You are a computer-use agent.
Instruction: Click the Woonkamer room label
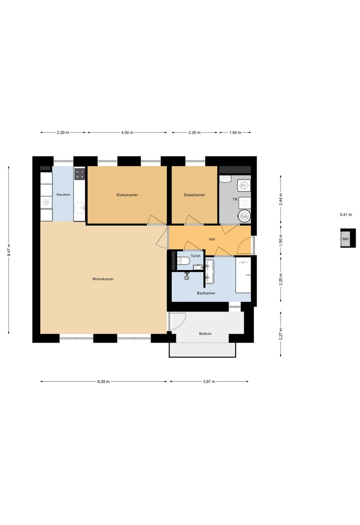click(103, 279)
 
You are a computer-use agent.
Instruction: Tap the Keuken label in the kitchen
click(63, 194)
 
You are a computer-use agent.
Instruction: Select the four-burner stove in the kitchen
click(79, 174)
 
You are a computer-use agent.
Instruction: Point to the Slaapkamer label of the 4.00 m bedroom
click(127, 195)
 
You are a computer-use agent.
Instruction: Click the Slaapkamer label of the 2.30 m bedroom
click(194, 195)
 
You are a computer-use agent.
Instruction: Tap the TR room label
click(234, 199)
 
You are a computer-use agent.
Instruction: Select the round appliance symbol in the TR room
click(244, 216)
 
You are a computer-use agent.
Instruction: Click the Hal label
click(212, 239)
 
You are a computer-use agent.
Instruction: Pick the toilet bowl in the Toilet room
click(183, 260)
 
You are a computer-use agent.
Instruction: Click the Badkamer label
click(206, 293)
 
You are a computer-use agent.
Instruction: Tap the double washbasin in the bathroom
click(209, 271)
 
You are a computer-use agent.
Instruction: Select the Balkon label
click(205, 333)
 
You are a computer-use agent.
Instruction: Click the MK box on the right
click(346, 239)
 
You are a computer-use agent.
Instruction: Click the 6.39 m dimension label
click(103, 381)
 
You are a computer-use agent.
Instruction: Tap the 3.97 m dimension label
click(209, 381)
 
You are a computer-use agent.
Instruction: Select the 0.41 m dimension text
click(346, 214)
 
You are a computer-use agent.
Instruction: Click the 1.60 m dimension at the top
click(235, 132)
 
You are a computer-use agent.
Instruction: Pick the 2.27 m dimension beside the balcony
click(281, 333)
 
